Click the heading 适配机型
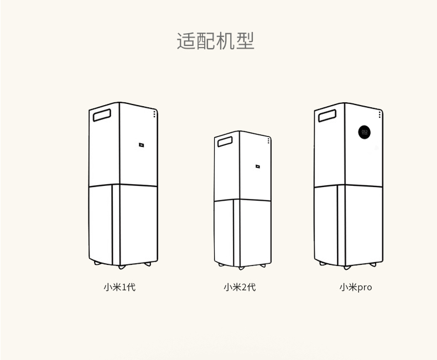tap(216, 41)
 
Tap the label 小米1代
tap(119, 287)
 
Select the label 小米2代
tap(240, 287)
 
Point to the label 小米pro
tap(356, 287)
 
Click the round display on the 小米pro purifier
tap(365, 132)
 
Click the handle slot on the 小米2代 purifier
tap(226, 142)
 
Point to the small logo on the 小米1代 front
tap(142, 145)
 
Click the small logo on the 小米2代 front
tap(258, 165)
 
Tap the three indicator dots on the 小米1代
tap(154, 113)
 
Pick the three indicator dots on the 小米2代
tap(269, 140)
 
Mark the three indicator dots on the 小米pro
tap(380, 114)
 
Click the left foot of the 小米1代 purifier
tap(98, 263)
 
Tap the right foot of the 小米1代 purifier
tap(148, 264)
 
